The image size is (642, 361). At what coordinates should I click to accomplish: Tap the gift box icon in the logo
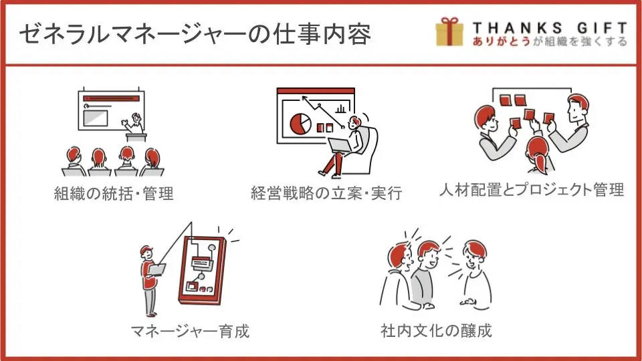(449, 32)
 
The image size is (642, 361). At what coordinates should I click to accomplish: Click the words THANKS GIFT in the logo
(549, 27)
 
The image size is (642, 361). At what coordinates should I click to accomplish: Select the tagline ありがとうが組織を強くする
(549, 41)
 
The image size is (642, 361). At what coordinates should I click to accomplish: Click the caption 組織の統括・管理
(114, 194)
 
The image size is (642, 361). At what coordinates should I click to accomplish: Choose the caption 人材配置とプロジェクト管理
(532, 190)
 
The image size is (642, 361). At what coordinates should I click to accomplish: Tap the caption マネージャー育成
(190, 330)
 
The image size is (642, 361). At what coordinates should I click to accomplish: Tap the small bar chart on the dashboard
(341, 108)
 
